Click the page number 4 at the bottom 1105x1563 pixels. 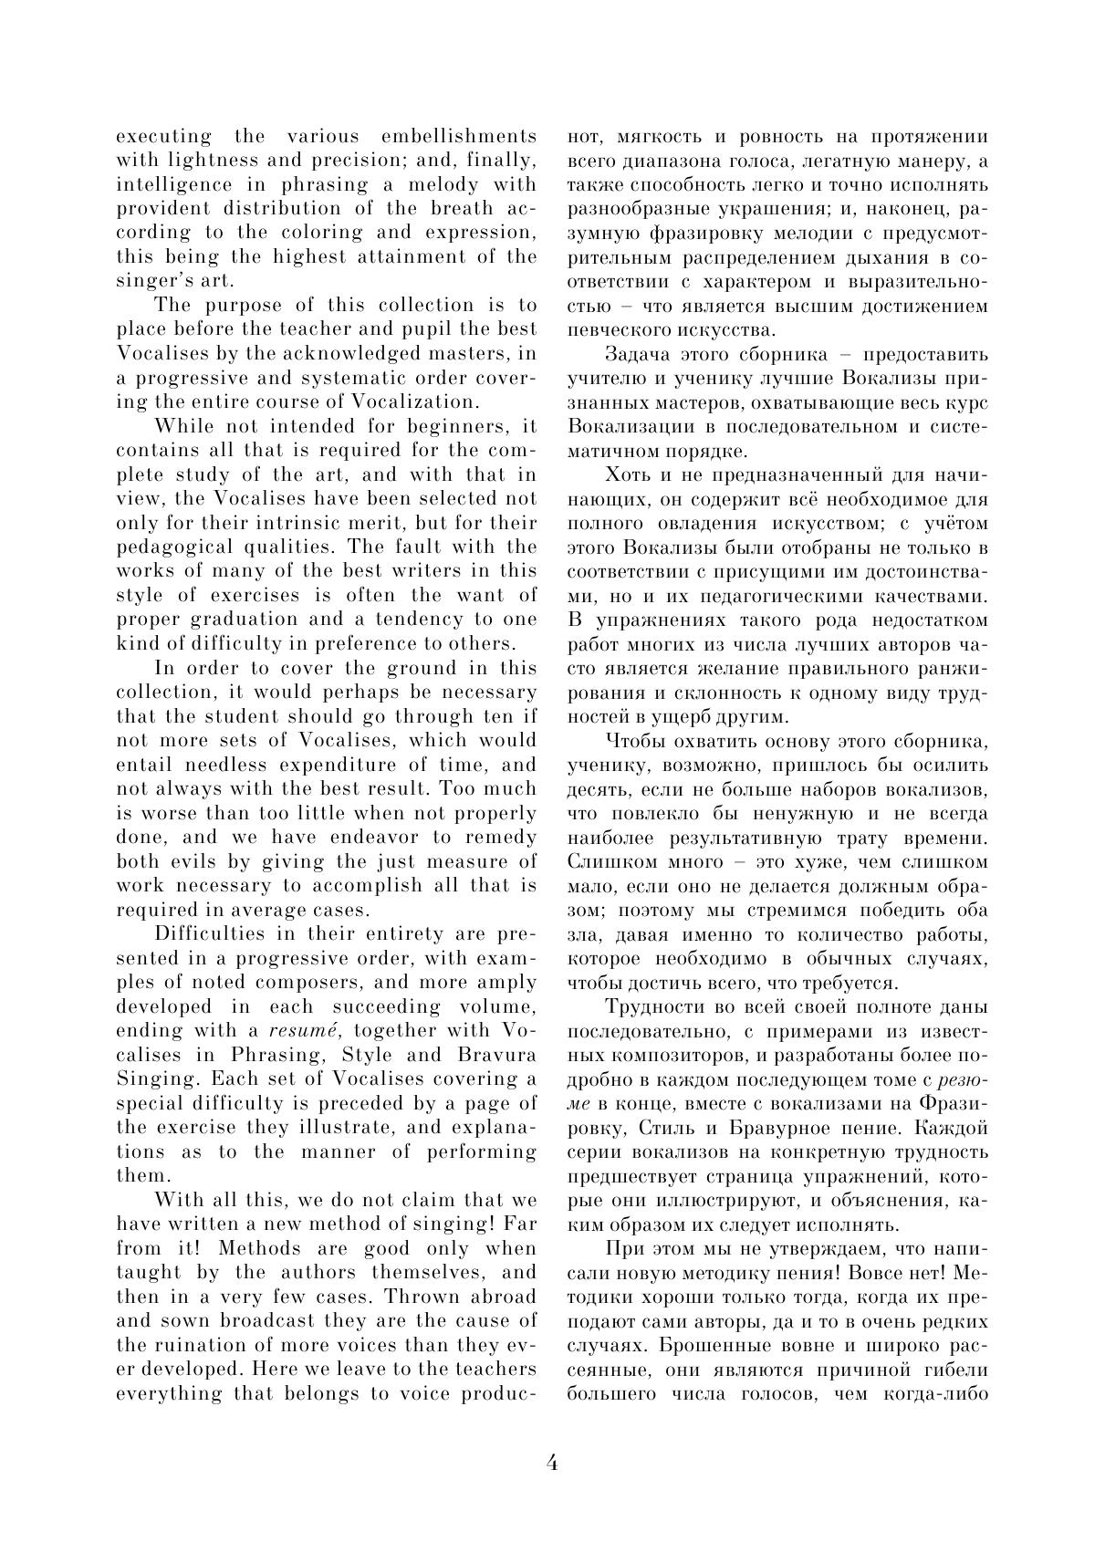(552, 1462)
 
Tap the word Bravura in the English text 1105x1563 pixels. (496, 1055)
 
